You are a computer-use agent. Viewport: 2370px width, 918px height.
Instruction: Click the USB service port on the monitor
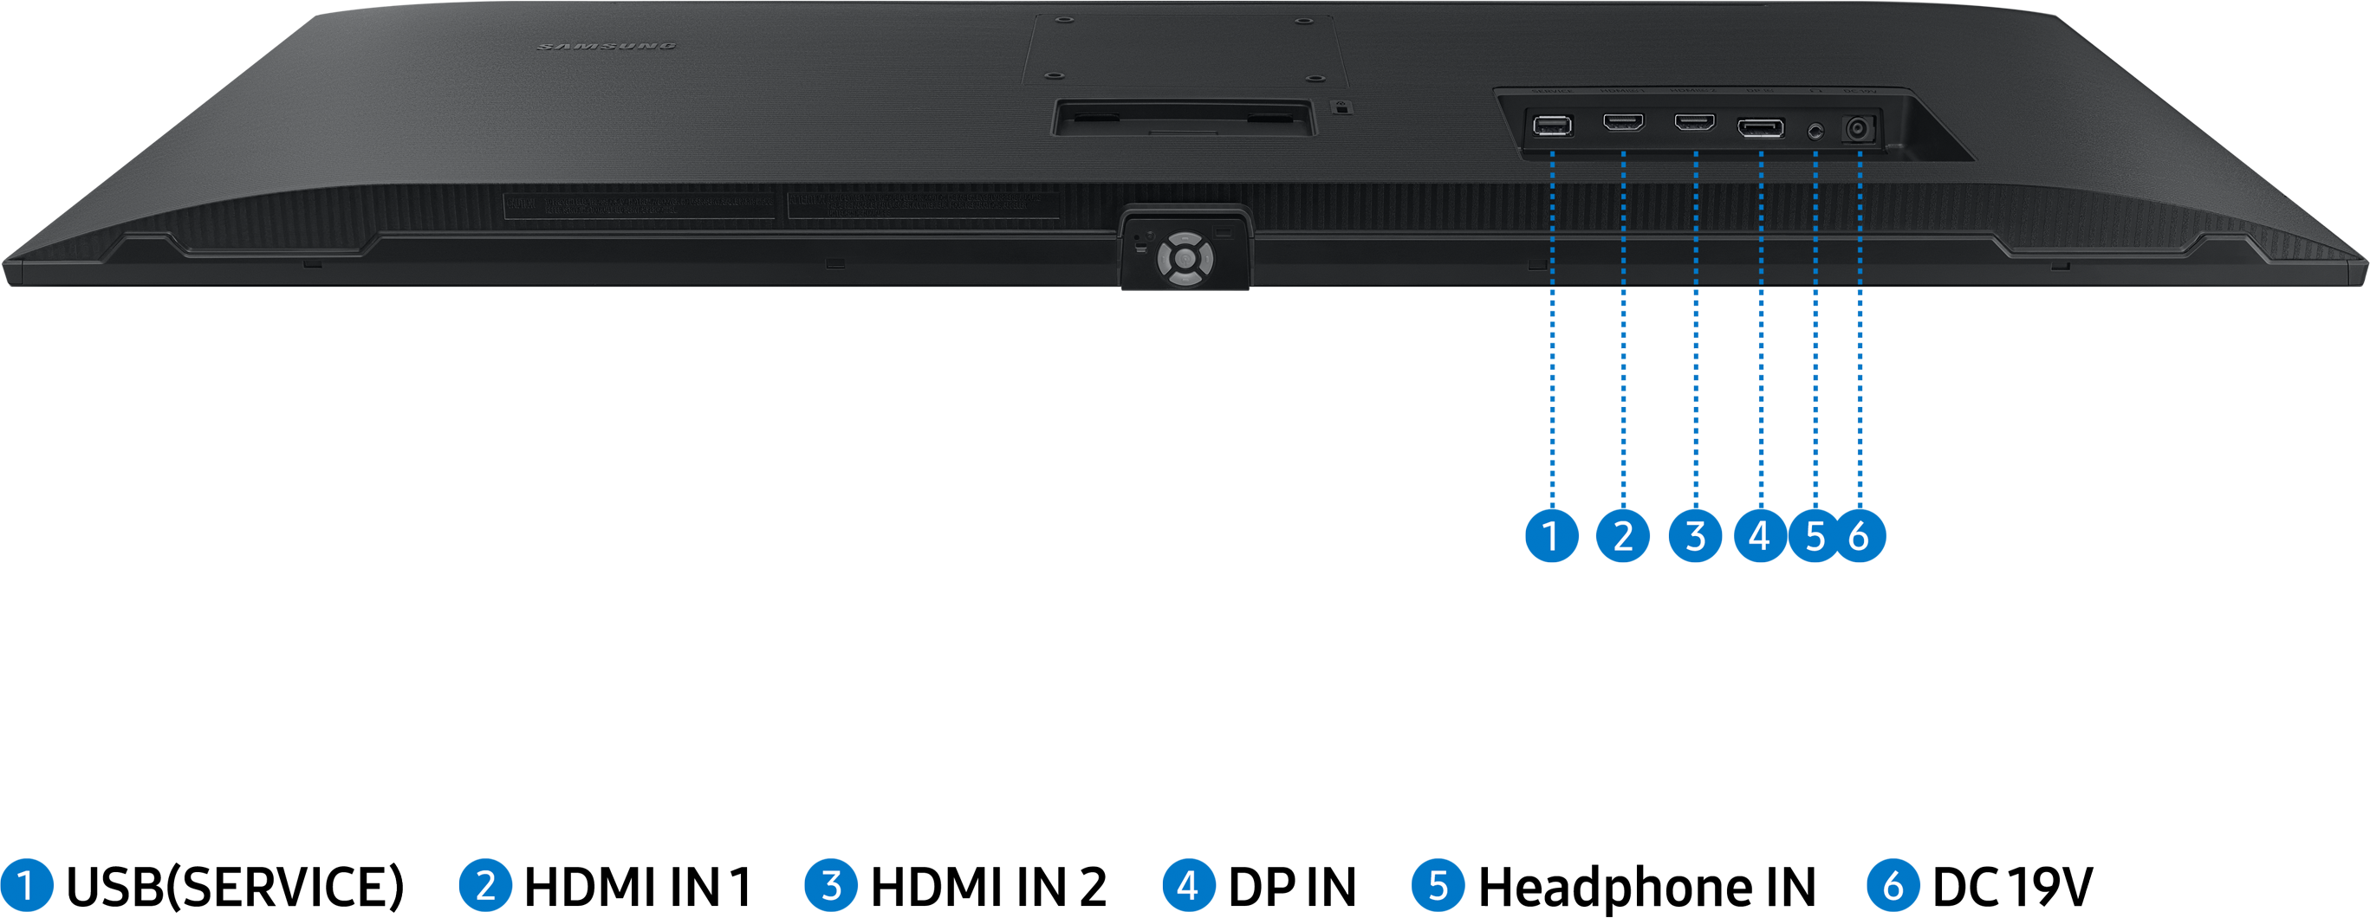[1552, 125]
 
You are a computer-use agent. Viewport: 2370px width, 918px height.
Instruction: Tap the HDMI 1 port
[1623, 122]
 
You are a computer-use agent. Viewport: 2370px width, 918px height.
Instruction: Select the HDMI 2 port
[1695, 122]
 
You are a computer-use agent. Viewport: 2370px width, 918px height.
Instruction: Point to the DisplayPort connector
[1760, 127]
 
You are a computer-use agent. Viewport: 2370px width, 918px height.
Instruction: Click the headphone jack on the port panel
[1815, 130]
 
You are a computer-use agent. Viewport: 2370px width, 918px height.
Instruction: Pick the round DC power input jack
[1860, 130]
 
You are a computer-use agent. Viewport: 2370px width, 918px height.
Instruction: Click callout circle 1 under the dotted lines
[1552, 535]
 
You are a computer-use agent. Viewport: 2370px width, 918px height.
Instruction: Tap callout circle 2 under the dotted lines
[1623, 535]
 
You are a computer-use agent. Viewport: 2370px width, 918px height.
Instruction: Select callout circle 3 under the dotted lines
[1695, 535]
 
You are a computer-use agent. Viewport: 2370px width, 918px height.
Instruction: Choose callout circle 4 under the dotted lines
[1760, 535]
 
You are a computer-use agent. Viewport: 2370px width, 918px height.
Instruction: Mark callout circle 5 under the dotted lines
[1815, 535]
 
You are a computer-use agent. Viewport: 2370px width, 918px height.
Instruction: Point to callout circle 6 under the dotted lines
[1860, 535]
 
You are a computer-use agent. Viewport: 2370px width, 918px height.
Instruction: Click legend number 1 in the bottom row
[26, 886]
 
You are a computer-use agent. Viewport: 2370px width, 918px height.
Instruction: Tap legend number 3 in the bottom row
[831, 886]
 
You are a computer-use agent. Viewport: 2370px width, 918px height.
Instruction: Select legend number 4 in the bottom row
[1189, 886]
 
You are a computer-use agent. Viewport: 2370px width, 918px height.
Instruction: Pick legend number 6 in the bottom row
[1893, 886]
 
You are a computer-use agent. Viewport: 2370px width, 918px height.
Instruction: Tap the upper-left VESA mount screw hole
[1062, 19]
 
